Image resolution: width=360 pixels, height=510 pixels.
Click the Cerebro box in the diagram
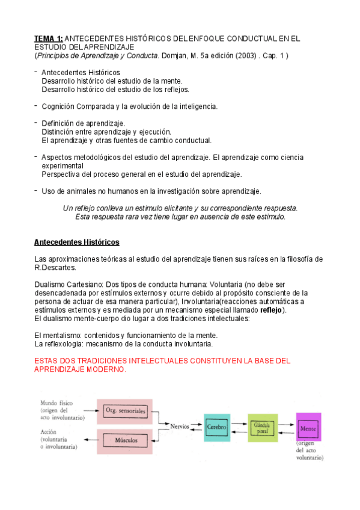click(216, 427)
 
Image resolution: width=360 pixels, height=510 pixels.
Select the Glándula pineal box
click(262, 427)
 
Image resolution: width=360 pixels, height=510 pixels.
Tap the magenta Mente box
click(309, 427)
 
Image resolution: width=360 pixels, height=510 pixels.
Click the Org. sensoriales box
click(126, 411)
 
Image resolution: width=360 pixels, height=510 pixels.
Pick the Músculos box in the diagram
click(126, 440)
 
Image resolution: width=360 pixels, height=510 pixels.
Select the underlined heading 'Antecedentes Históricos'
click(77, 242)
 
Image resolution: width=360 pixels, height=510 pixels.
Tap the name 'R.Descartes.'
click(55, 268)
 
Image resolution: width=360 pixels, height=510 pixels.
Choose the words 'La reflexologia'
click(61, 343)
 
